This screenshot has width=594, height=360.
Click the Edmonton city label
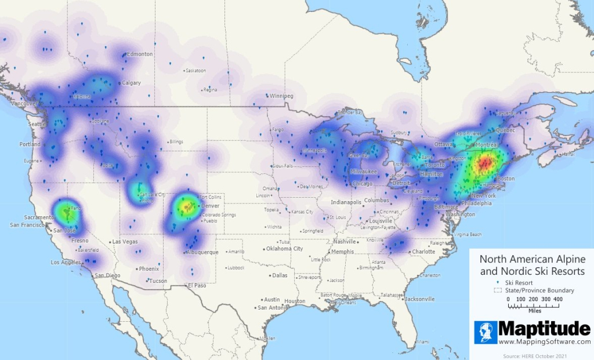(x=140, y=54)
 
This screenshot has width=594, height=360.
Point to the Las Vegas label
(x=125, y=242)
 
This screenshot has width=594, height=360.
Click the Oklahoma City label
(x=284, y=249)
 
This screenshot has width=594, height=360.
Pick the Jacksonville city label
(x=419, y=299)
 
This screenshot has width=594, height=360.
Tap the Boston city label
(x=506, y=179)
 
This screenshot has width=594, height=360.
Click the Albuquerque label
(x=202, y=253)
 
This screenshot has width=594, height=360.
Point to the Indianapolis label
(x=346, y=202)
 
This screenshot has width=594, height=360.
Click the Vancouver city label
(x=23, y=103)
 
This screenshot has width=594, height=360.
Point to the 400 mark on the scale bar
(x=557, y=299)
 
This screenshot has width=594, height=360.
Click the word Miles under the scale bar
(x=535, y=310)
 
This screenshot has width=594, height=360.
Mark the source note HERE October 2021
(x=535, y=355)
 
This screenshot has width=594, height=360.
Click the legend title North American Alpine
(x=532, y=259)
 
